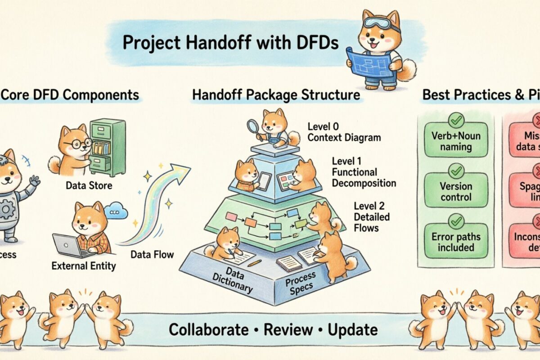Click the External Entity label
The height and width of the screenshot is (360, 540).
click(84, 265)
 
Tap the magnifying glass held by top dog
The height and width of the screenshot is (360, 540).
click(252, 126)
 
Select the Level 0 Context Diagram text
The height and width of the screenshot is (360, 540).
click(344, 132)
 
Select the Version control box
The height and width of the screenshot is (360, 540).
click(456, 191)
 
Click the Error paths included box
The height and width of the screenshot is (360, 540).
click(456, 242)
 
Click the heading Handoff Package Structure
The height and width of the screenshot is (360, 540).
click(276, 95)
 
